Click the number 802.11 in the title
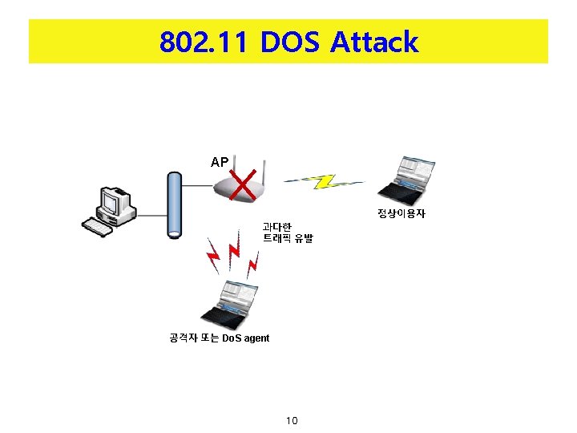(204, 42)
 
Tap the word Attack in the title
(374, 42)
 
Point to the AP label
(220, 162)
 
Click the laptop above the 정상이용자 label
(409, 180)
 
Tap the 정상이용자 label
(401, 214)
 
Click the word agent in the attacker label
(256, 338)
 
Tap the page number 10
(291, 421)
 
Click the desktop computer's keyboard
(97, 229)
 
